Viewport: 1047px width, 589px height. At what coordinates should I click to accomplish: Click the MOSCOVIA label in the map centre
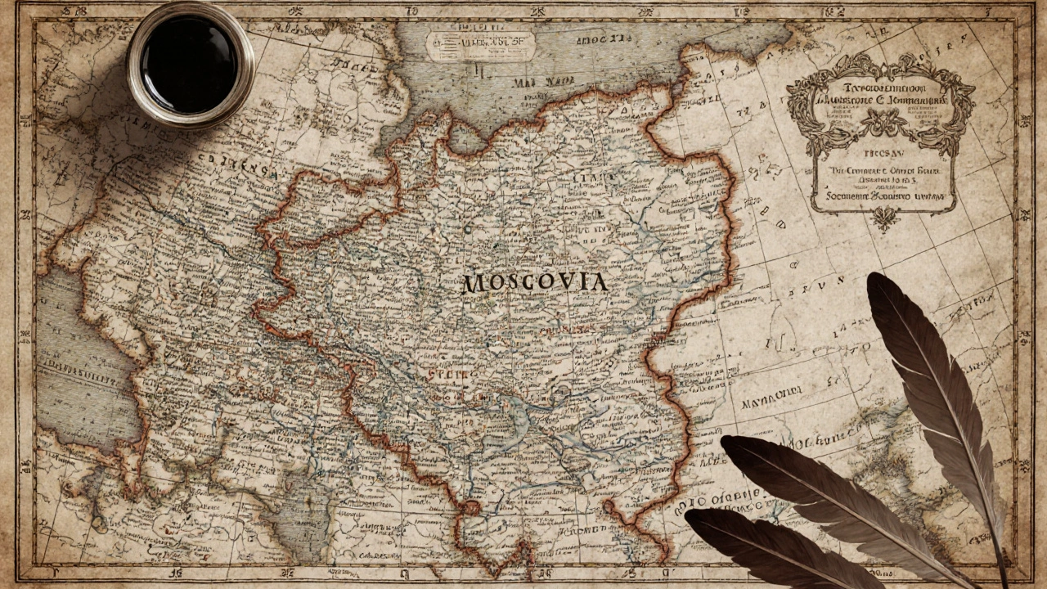(x=535, y=283)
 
